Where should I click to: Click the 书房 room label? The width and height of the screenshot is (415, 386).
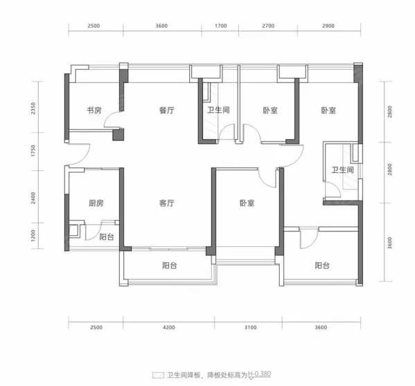(94, 110)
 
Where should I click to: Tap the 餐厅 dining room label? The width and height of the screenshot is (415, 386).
(167, 110)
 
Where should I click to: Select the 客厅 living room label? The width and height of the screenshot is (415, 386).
(167, 203)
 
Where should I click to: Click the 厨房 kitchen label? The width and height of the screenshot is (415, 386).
(96, 203)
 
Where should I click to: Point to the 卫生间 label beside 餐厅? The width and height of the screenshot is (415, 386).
(218, 110)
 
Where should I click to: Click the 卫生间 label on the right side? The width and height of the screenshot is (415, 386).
(343, 169)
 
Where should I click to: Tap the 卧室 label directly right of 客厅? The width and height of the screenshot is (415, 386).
(247, 203)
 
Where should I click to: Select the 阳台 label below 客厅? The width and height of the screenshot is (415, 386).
(170, 265)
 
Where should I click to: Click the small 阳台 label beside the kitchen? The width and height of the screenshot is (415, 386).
(107, 237)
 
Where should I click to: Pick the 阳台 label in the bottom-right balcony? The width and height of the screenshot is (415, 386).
(322, 265)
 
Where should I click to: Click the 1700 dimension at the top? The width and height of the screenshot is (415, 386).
(221, 26)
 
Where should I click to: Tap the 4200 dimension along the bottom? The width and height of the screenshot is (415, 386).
(169, 327)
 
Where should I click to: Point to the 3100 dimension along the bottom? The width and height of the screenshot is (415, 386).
(250, 327)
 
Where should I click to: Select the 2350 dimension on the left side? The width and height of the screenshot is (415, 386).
(33, 109)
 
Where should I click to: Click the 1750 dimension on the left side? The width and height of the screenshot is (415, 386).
(33, 151)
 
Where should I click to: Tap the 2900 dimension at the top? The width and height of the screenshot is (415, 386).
(328, 26)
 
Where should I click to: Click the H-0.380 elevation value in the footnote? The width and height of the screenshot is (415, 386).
(259, 374)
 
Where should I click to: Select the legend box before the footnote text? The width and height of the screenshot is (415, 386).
(158, 375)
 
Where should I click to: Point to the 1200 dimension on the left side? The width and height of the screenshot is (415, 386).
(33, 236)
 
